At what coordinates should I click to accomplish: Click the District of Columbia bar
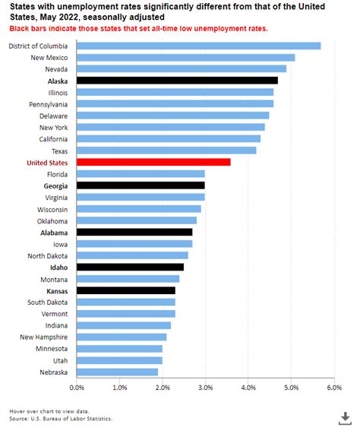198,46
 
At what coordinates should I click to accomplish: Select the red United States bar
153,162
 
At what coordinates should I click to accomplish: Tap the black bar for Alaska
177,81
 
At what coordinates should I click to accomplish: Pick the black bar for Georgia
141,185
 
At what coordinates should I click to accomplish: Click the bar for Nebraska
117,372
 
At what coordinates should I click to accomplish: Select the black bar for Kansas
126,290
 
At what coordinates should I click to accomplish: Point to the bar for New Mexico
185,57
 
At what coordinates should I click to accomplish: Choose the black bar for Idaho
130,267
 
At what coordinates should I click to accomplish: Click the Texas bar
166,151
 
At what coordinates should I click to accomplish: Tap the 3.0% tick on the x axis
205,388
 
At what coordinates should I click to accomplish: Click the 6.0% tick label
333,388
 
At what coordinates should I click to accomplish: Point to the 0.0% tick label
77,388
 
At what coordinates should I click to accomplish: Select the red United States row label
47,163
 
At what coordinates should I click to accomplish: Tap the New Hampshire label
44,337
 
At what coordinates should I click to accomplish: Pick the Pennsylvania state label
48,104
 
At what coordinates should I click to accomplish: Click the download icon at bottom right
343,418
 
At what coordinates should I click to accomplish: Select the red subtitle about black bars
138,28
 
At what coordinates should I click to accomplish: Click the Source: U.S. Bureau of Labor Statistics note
61,418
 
